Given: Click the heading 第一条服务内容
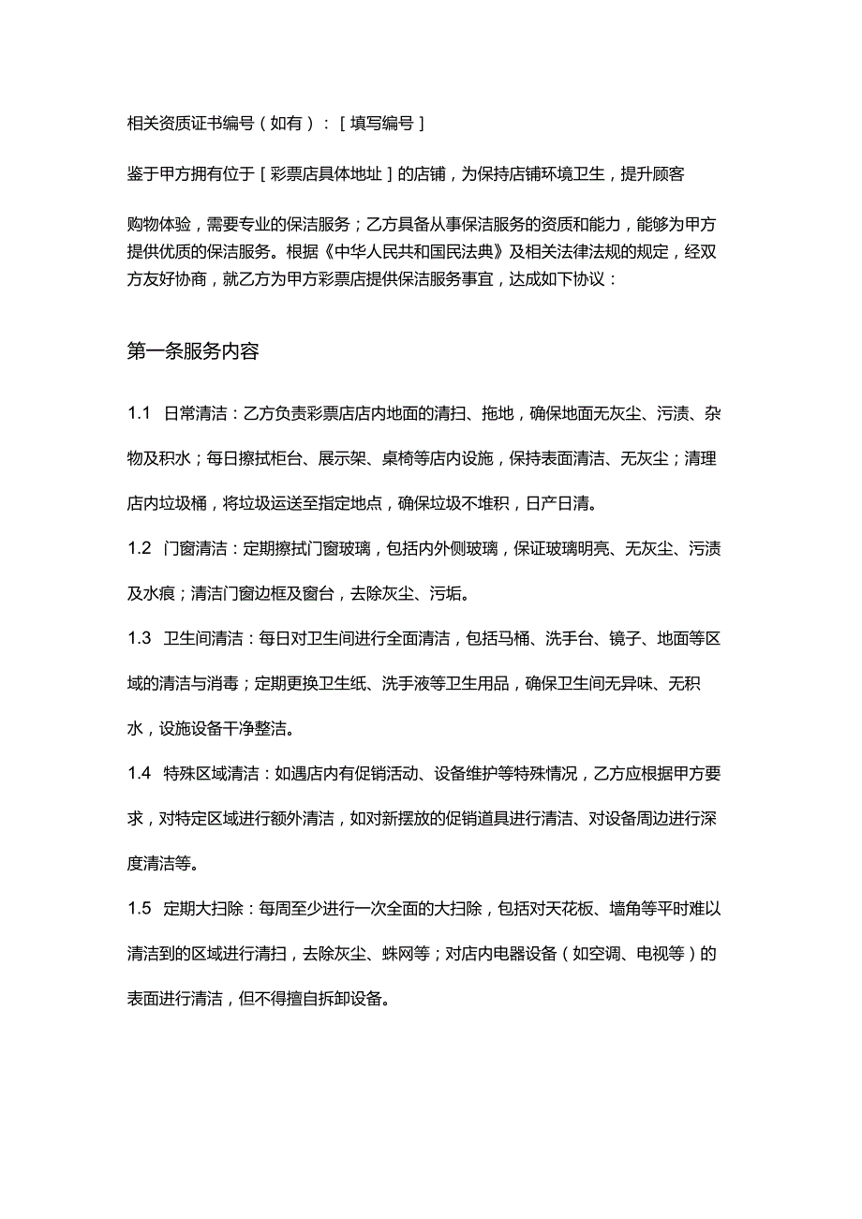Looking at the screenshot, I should pos(193,351).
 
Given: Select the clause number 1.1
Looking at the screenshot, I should pos(140,413).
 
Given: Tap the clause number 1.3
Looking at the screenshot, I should pos(140,638).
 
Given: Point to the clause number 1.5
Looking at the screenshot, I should pos(140,908).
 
